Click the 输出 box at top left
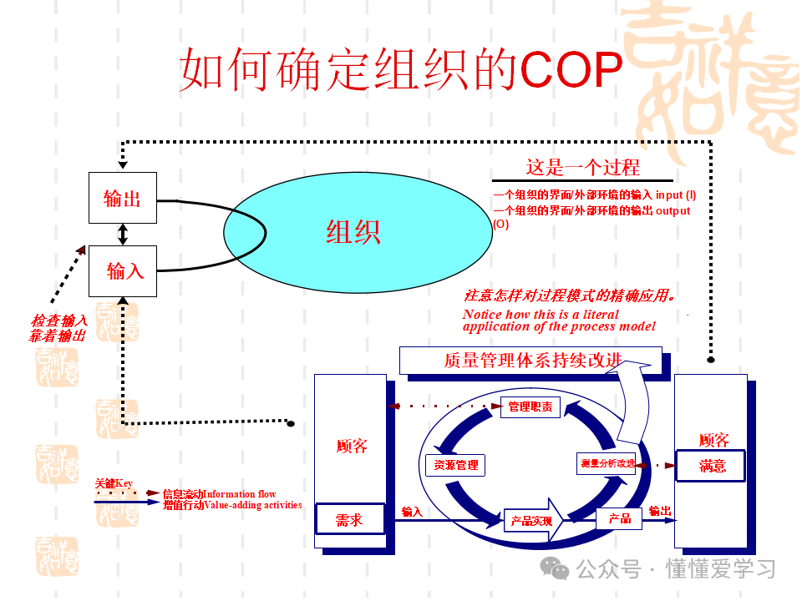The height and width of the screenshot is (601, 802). [x=123, y=198]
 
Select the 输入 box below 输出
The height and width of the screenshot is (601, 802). [x=123, y=270]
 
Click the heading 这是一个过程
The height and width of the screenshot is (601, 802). [x=582, y=167]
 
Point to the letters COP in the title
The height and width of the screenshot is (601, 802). [x=571, y=70]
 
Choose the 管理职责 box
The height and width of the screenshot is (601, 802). [x=530, y=407]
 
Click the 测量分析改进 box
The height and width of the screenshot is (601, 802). [x=607, y=462]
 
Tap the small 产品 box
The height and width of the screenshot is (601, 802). [x=619, y=518]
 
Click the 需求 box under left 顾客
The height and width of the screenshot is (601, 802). [x=349, y=519]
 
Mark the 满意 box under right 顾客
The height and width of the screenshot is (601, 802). [x=712, y=465]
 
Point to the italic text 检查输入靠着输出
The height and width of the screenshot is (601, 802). [x=58, y=328]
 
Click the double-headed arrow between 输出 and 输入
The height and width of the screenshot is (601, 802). [x=123, y=235]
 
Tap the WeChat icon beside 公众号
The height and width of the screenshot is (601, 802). [x=555, y=568]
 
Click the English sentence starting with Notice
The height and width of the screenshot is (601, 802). [x=558, y=321]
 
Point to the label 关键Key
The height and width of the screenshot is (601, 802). [x=114, y=483]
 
